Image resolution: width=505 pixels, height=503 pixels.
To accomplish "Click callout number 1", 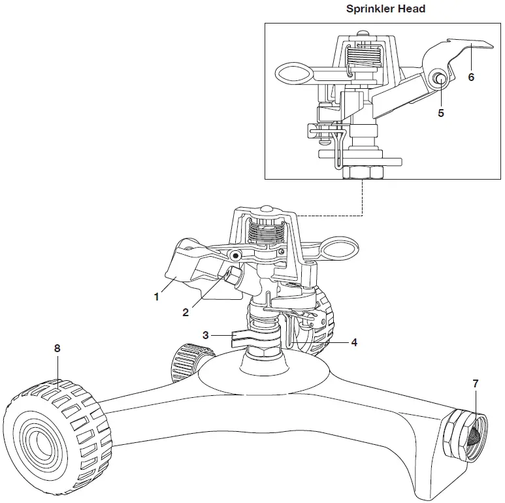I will click(x=156, y=297).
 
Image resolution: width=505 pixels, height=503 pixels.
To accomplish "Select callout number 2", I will click(x=186, y=313).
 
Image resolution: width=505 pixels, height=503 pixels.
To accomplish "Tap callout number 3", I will click(x=206, y=335).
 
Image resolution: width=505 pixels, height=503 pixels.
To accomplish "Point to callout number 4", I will click(x=353, y=342).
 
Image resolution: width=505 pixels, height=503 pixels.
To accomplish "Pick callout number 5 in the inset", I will click(x=441, y=113).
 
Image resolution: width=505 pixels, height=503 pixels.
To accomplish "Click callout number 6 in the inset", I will click(x=471, y=76).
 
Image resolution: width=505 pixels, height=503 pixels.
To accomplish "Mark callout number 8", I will click(x=57, y=349).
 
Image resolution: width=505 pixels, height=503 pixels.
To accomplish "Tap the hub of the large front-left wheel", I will click(x=38, y=440).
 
